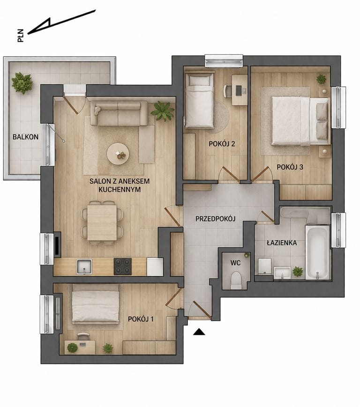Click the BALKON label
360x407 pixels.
pyautogui.click(x=25, y=137)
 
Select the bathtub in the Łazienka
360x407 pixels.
pyautogui.click(x=317, y=252)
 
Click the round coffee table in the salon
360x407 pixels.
pyautogui.click(x=118, y=154)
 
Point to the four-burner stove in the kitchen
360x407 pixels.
pyautogui.click(x=123, y=266)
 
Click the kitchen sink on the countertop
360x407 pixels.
pyautogui.click(x=84, y=267)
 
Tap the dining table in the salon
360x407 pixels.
pyautogui.click(x=102, y=223)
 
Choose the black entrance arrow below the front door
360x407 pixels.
pyautogui.click(x=199, y=332)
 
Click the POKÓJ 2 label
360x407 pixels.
pyautogui.click(x=222, y=144)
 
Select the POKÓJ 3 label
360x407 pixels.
pyautogui.click(x=290, y=167)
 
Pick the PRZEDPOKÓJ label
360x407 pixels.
pyautogui.click(x=215, y=219)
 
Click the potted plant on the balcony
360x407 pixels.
pyautogui.click(x=22, y=83)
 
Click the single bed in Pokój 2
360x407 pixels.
pyautogui.click(x=199, y=101)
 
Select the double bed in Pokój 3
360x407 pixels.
pyautogui.click(x=300, y=121)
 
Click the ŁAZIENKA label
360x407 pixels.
pyautogui.click(x=282, y=243)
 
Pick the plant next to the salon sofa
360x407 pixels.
pyautogui.click(x=163, y=111)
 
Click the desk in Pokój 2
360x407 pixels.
pyautogui.click(x=240, y=90)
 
